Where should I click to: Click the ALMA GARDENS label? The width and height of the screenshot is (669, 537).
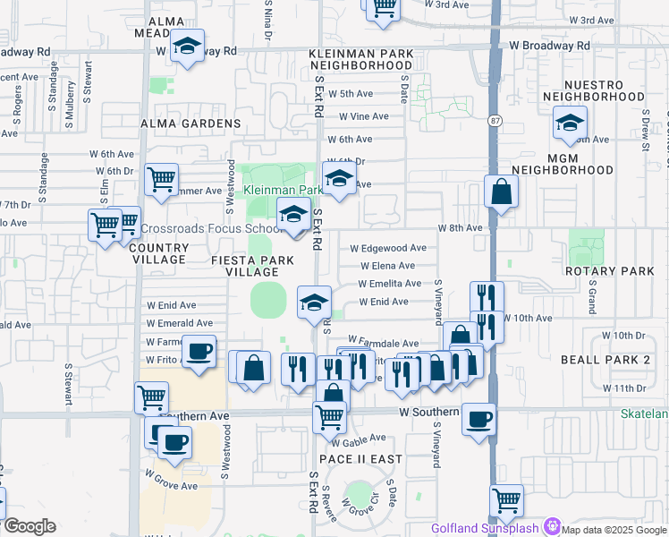tap(191, 124)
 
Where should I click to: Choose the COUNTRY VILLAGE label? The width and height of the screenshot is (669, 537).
tap(159, 254)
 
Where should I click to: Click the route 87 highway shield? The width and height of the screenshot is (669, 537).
tap(495, 120)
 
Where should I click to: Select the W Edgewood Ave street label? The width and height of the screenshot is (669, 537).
tap(388, 248)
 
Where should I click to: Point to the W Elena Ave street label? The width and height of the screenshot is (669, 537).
tap(388, 266)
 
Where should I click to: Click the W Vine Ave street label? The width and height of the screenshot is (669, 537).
tap(358, 116)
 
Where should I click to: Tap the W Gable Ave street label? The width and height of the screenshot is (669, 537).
tap(358, 439)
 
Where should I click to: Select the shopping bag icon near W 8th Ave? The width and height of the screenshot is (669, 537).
tap(502, 191)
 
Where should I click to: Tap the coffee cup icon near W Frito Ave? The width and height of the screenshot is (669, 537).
tap(199, 350)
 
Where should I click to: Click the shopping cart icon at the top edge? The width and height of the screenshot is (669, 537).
tap(383, 7)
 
